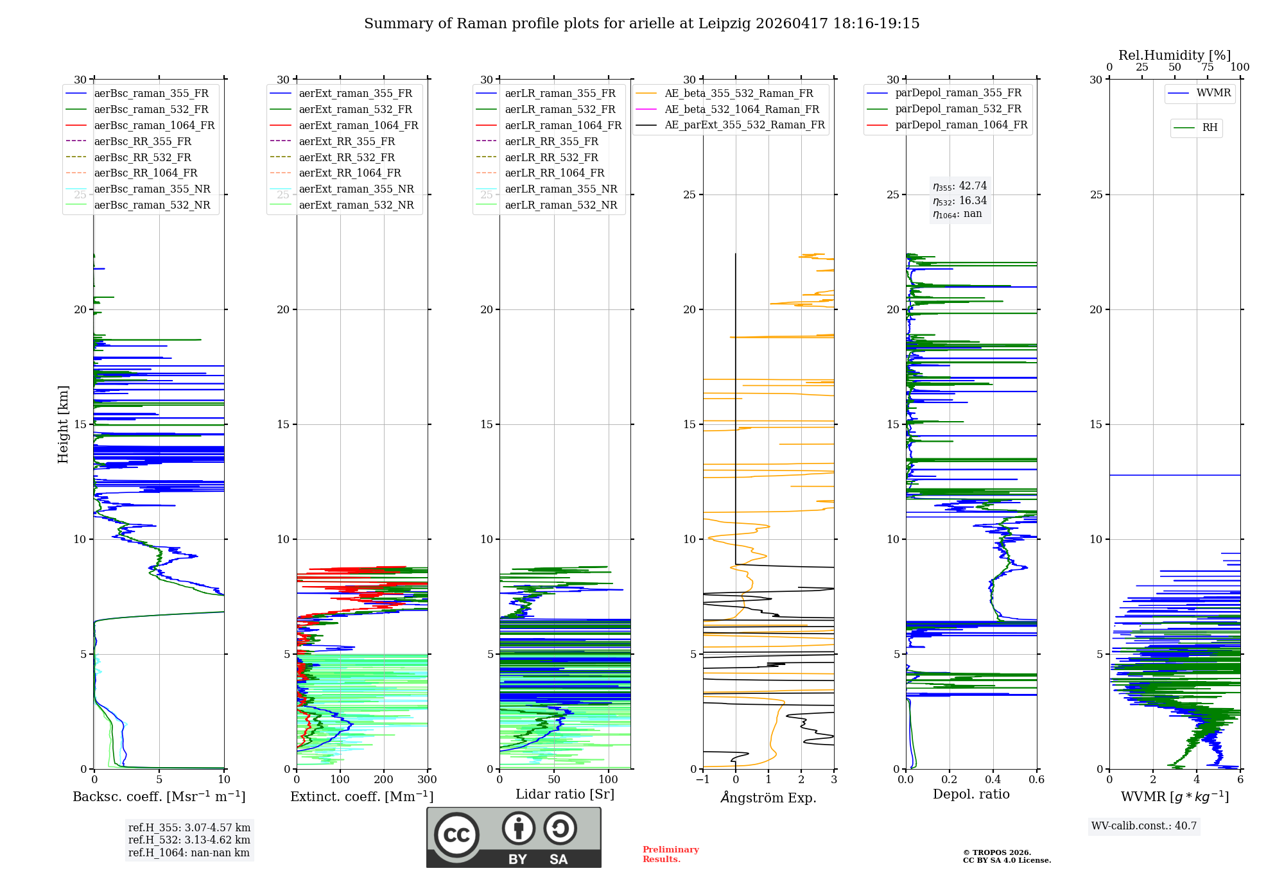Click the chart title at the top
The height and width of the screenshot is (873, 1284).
click(641, 24)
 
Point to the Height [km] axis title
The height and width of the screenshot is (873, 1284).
click(63, 424)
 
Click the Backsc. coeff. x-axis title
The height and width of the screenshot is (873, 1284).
click(159, 797)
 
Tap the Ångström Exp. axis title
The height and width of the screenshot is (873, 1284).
click(768, 797)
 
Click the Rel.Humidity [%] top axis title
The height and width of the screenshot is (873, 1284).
click(1175, 55)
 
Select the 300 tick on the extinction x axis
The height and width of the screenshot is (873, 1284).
click(428, 780)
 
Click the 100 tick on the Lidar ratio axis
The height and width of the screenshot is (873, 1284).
click(609, 780)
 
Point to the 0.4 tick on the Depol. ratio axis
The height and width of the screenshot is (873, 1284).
click(993, 780)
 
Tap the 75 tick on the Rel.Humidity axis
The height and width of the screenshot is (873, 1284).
click(1208, 67)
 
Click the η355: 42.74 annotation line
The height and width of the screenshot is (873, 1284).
click(960, 186)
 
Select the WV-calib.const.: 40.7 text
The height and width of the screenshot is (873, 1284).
click(1144, 826)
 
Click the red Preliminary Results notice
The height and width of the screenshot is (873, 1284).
click(671, 854)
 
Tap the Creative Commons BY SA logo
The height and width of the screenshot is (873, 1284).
click(514, 837)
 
